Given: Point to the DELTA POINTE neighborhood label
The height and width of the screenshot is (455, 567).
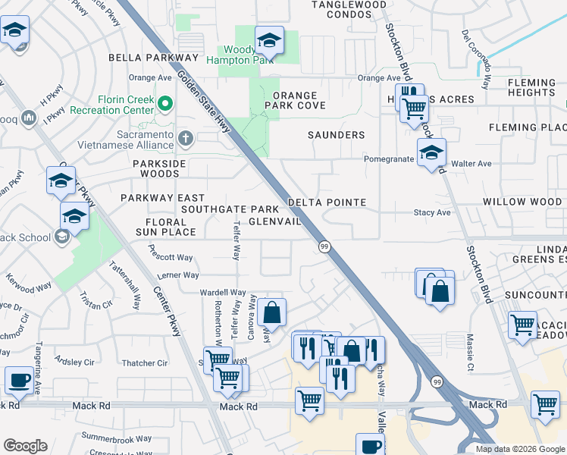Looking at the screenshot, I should click(x=327, y=203).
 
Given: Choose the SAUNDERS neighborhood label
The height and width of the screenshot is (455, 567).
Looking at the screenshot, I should click(x=336, y=135).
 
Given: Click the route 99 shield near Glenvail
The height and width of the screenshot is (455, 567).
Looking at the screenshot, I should click(x=324, y=246).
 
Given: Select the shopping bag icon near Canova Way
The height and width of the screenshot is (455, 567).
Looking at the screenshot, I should click(x=271, y=312).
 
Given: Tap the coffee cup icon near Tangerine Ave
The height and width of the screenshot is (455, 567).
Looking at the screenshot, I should click(x=19, y=380).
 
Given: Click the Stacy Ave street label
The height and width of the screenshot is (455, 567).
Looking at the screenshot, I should click(x=432, y=213).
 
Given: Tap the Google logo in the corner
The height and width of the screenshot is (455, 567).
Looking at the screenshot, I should click(x=25, y=446).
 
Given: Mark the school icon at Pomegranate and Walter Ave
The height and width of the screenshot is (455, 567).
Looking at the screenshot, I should click(x=431, y=153).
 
